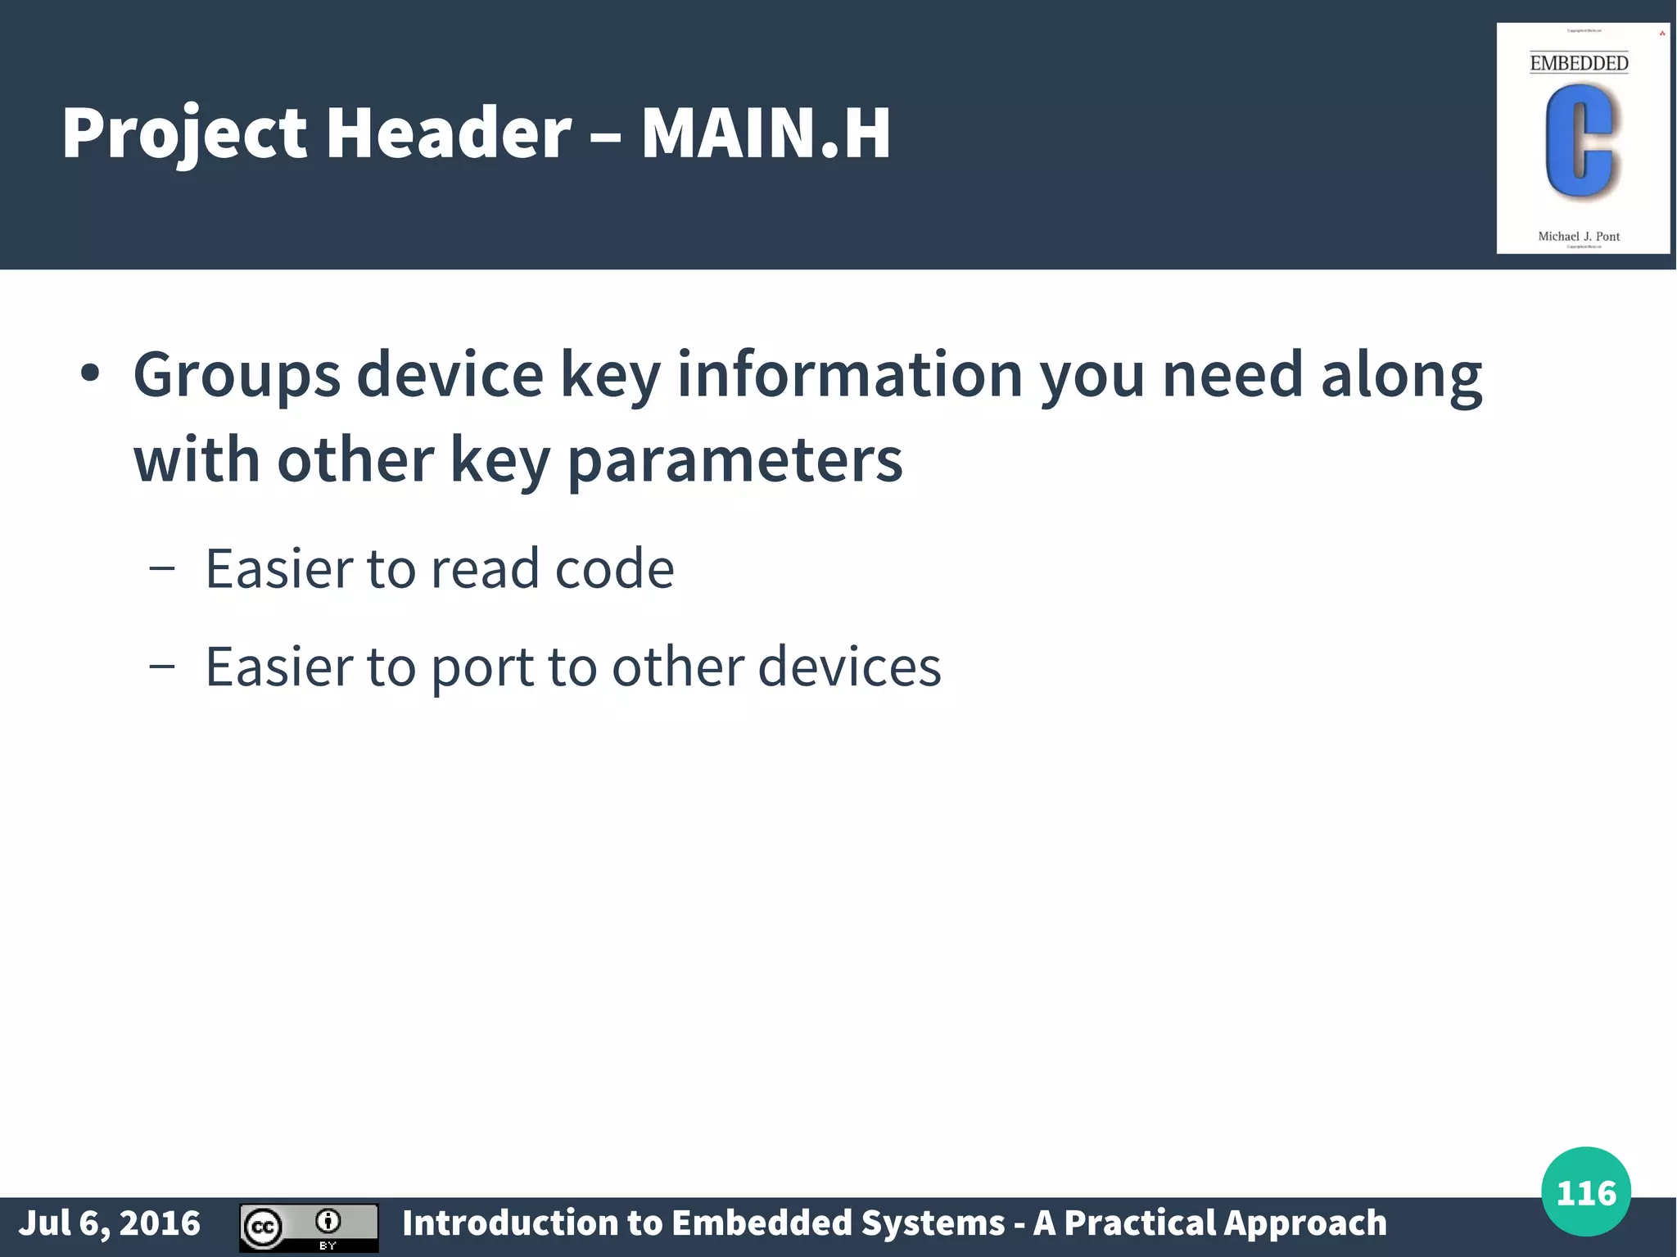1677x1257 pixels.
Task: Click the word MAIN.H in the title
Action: (766, 133)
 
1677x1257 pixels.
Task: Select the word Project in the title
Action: (184, 133)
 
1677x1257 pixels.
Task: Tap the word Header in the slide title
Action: (449, 133)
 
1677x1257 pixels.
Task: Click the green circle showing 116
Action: (1585, 1191)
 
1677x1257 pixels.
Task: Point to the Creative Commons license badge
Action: (309, 1228)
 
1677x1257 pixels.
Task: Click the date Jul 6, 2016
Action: (110, 1223)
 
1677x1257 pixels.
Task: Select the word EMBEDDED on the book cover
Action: (1579, 63)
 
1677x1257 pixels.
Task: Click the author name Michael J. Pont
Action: (1579, 237)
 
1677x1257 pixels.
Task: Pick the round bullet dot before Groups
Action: (90, 374)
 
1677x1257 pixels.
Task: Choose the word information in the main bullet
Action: (850, 374)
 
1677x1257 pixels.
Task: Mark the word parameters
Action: (735, 460)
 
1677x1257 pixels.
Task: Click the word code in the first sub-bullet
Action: (614, 568)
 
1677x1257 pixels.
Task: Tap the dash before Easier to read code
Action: (162, 568)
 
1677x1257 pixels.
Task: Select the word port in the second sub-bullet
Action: (482, 667)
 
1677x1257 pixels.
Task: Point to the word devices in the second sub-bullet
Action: (849, 667)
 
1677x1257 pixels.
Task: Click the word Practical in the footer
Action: (1139, 1223)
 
